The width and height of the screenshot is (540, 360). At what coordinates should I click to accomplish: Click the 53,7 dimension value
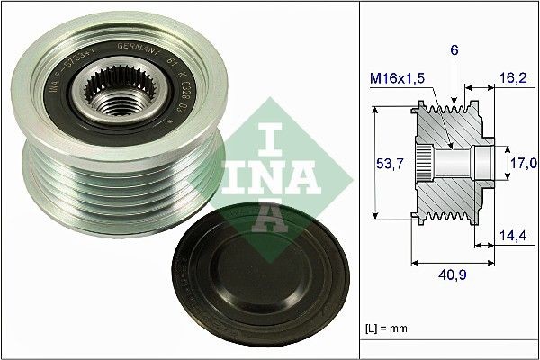point(387,163)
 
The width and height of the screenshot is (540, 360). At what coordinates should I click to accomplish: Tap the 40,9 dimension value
point(454,276)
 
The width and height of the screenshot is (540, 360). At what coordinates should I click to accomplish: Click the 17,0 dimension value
point(524,163)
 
